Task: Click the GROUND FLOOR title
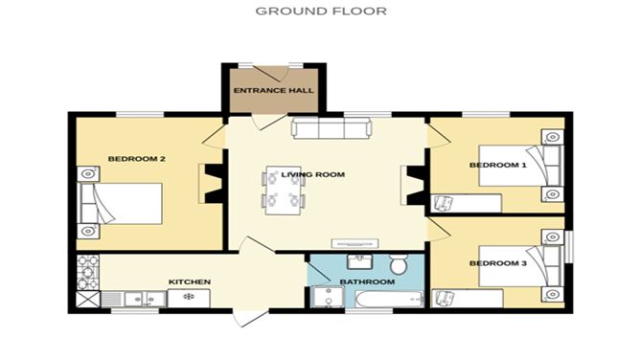click(x=320, y=11)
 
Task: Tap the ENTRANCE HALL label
click(x=273, y=92)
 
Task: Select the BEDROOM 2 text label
click(x=130, y=159)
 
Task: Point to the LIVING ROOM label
click(x=312, y=174)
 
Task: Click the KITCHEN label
click(x=189, y=281)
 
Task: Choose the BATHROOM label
click(x=367, y=282)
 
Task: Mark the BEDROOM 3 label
click(x=497, y=263)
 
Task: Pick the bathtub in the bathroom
click(x=390, y=302)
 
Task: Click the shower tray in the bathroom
click(x=327, y=301)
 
